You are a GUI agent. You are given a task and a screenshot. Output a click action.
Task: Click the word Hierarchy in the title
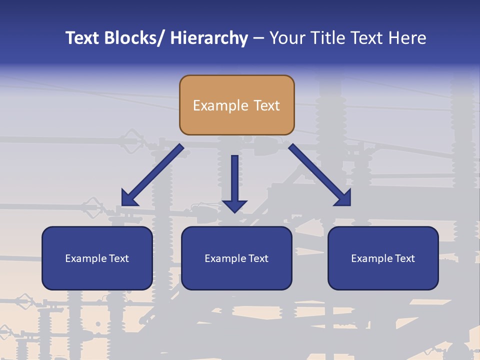pos(209,38)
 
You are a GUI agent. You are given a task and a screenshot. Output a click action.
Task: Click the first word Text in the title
pos(83,38)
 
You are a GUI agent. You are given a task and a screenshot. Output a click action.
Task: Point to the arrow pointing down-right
pos(320,175)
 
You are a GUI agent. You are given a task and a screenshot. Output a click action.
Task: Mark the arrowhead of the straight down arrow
pos(234,206)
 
